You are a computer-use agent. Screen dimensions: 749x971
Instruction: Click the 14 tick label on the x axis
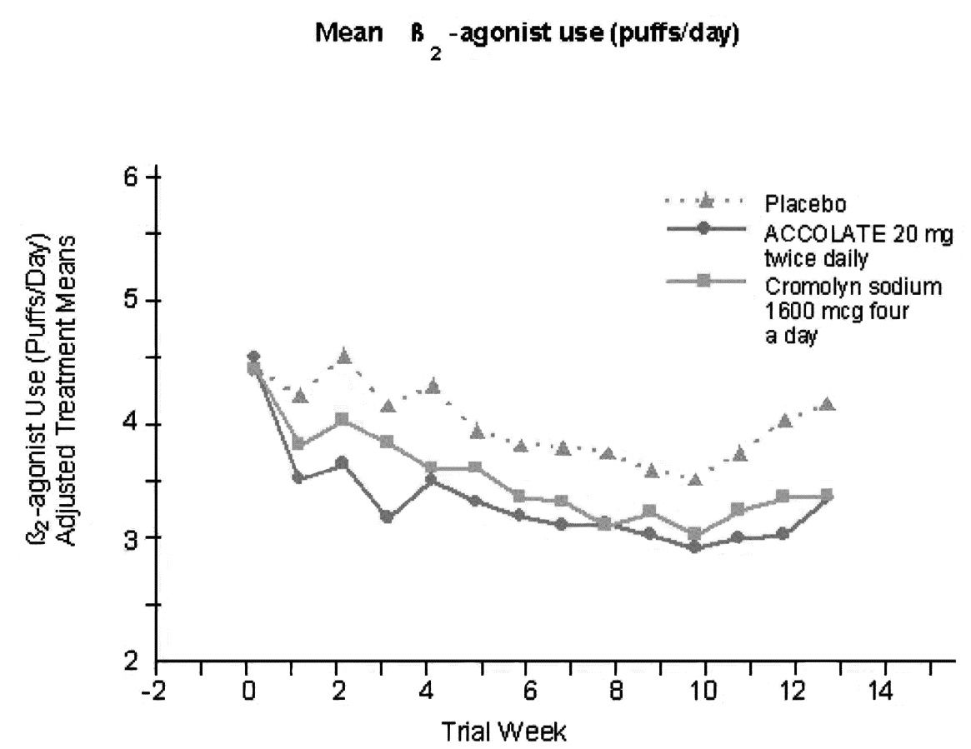point(885,692)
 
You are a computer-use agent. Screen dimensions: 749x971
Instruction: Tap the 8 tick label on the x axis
point(614,692)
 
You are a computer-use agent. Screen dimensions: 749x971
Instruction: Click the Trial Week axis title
point(505,732)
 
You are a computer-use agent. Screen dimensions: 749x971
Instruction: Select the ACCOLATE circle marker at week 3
point(386,517)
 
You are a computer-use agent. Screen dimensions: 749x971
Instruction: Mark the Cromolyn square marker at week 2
point(342,419)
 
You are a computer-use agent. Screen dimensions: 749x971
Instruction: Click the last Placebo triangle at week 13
point(827,405)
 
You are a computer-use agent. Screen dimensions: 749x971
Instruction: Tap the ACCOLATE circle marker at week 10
point(694,547)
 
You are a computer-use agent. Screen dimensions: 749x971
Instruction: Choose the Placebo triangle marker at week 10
point(694,479)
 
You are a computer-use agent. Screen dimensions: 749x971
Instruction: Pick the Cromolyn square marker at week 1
point(298,444)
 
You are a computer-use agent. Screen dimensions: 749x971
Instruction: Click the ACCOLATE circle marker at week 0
point(253,357)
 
